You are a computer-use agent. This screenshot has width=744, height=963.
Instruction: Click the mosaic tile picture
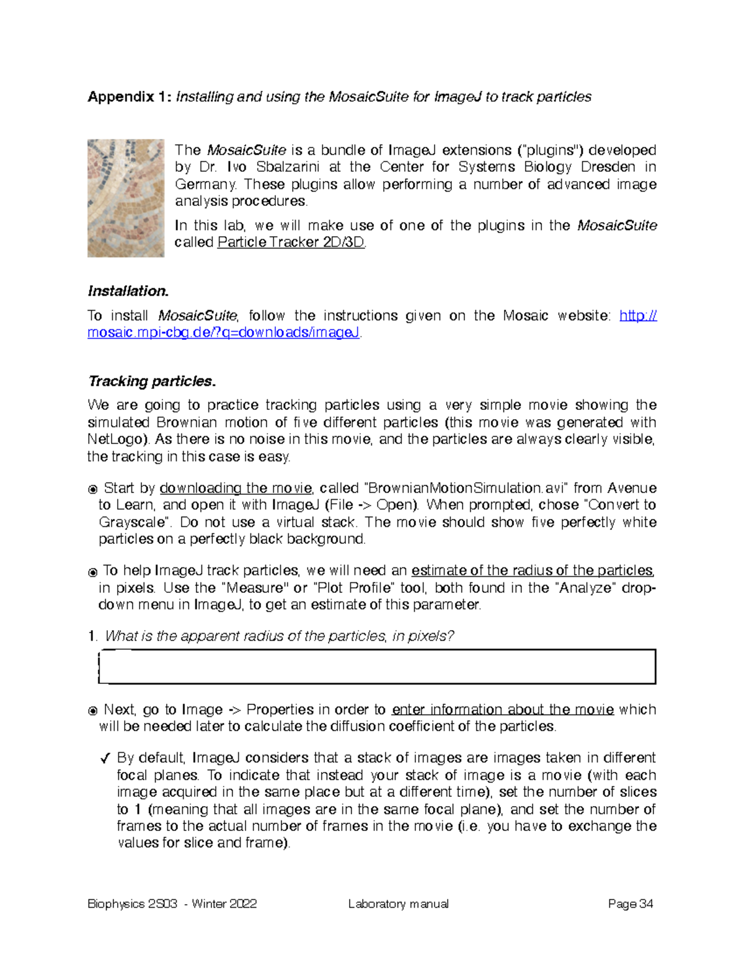pos(125,198)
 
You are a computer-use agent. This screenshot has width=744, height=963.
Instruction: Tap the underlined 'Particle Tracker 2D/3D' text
pos(291,242)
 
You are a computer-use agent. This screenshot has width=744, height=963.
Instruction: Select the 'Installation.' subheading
pos(128,291)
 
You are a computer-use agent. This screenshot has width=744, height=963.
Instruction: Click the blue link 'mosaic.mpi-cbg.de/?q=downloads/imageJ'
pos(223,333)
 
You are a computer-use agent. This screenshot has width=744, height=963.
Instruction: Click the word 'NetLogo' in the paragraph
pos(117,440)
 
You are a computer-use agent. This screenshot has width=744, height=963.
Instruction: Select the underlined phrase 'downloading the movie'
pos(236,489)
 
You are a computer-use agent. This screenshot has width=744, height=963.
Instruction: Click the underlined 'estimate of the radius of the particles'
pos(532,570)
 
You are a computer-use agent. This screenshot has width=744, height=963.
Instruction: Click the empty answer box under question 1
pos(377,667)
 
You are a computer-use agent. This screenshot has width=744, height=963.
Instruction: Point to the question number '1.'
pos(92,636)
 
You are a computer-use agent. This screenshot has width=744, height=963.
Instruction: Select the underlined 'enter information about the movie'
pos(503,709)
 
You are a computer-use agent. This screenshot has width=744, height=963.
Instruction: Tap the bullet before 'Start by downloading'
pos(93,489)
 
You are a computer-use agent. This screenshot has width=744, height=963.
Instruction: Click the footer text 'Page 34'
pos(631,904)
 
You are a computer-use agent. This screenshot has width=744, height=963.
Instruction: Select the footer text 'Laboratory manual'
pos(398,904)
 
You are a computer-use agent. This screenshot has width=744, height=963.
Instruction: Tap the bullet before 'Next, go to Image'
pos(93,711)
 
